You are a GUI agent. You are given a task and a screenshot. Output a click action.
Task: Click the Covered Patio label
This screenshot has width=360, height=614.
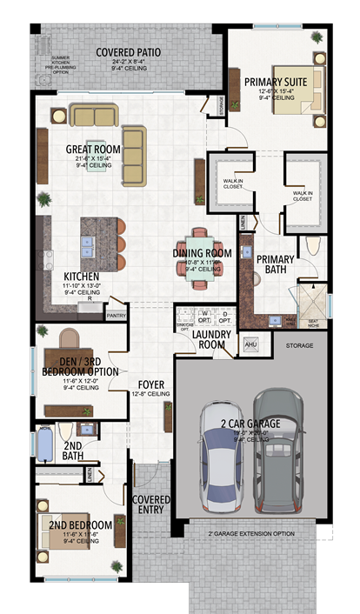click(129, 52)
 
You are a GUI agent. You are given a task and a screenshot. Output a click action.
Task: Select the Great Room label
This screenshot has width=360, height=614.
click(93, 150)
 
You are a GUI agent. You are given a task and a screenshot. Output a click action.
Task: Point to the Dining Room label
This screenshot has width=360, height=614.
click(201, 253)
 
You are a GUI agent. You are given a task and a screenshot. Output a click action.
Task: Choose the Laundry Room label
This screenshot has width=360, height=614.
click(209, 337)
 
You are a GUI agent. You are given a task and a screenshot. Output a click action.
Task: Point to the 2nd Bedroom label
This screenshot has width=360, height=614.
click(76, 525)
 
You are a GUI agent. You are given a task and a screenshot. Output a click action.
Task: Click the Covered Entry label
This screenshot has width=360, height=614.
click(150, 504)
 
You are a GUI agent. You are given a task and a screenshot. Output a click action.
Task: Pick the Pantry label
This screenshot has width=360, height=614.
click(117, 317)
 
